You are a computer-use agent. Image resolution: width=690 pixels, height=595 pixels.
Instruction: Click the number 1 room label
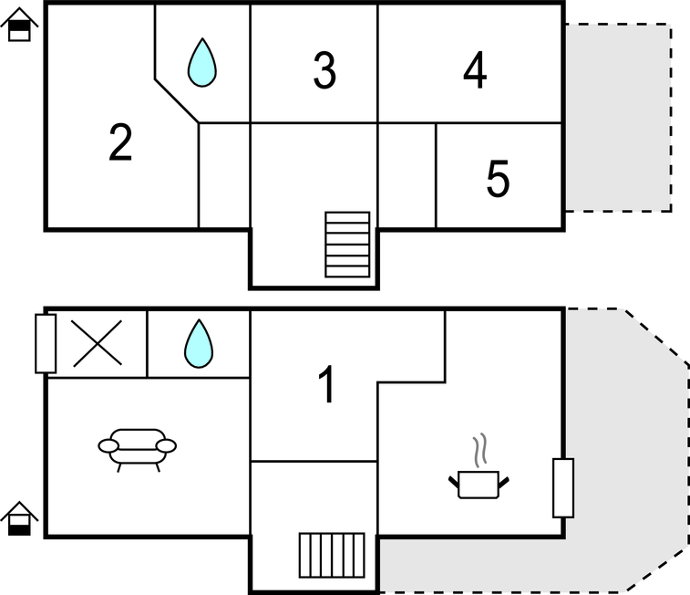(327, 384)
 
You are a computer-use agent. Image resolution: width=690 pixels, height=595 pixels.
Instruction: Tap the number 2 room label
(120, 141)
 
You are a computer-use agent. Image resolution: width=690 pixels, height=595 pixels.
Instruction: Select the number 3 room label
(324, 70)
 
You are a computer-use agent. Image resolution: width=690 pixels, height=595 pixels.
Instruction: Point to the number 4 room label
(475, 69)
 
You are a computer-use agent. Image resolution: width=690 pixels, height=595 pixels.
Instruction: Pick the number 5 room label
(498, 178)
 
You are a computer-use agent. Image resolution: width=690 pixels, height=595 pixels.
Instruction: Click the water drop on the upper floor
(202, 62)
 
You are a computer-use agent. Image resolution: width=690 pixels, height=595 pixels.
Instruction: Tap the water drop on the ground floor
(199, 343)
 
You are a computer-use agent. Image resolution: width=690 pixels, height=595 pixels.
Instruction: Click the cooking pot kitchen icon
(479, 485)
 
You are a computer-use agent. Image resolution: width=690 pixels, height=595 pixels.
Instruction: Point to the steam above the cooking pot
(480, 450)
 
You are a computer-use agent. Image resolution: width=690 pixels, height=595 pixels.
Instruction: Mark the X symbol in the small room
(97, 343)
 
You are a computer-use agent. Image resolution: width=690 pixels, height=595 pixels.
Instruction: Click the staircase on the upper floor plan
(347, 245)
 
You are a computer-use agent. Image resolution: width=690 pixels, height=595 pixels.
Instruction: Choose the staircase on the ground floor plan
(332, 555)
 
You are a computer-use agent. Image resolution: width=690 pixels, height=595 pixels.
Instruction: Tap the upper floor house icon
(19, 26)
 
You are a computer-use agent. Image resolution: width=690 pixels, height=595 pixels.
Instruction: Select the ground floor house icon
(19, 518)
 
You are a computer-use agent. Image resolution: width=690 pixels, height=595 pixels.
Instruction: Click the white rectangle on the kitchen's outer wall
(563, 487)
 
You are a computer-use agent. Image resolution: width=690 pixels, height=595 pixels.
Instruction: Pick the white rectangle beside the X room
(46, 343)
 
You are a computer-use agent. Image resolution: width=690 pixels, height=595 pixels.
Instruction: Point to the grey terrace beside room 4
(618, 118)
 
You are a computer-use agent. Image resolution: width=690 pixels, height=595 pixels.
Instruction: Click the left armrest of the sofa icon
(108, 445)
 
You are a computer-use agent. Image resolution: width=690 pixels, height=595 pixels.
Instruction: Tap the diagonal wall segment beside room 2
(177, 101)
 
